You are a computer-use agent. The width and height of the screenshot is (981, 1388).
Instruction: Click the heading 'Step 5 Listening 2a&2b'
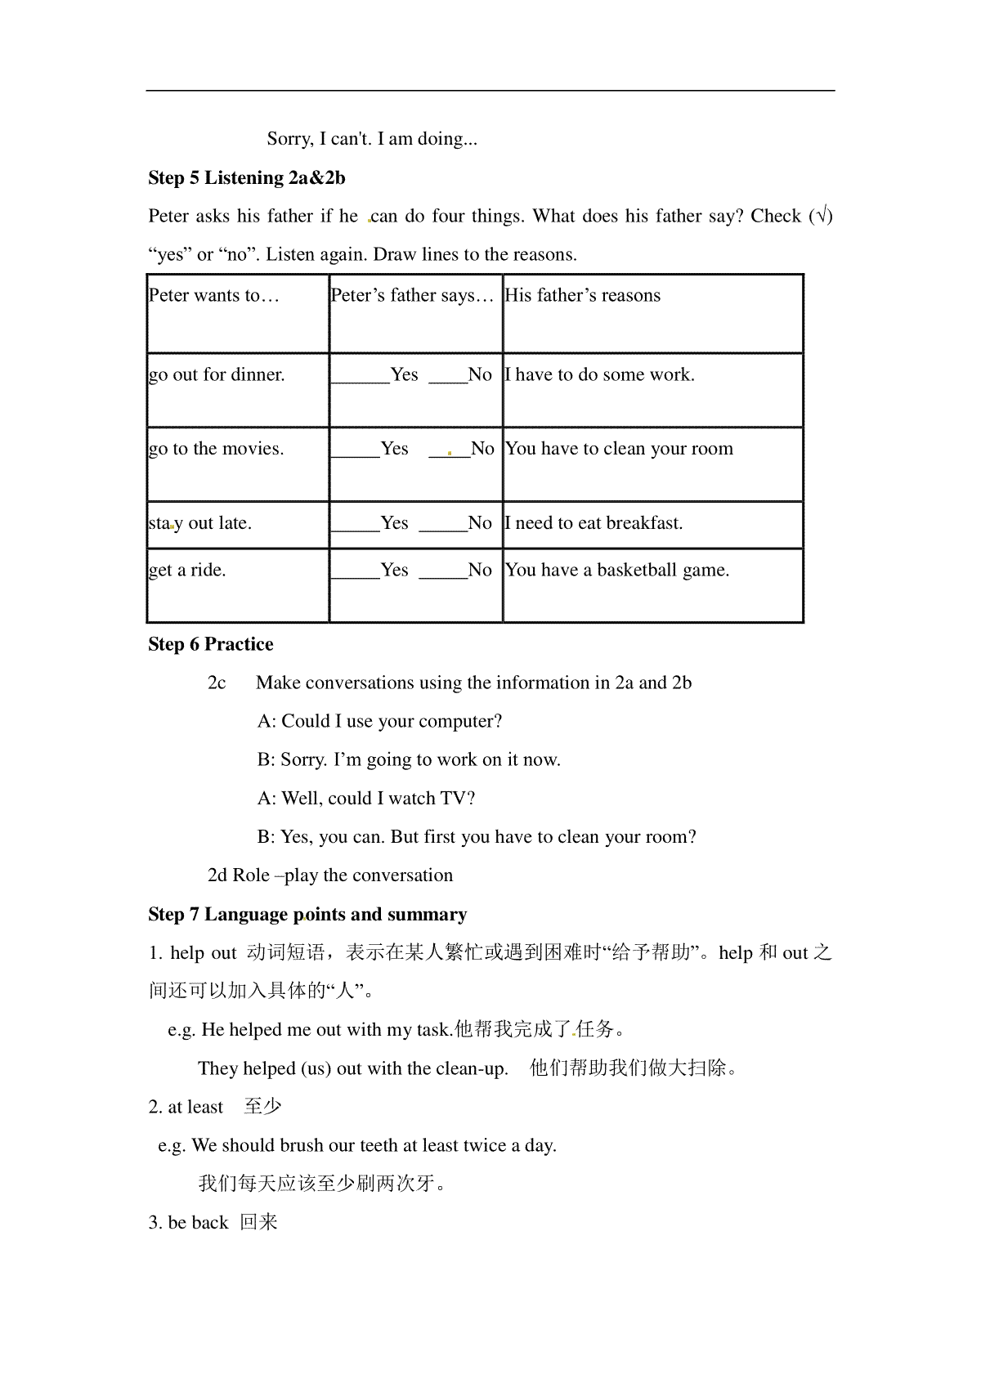(247, 177)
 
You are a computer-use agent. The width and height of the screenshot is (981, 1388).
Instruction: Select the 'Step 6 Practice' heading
(211, 644)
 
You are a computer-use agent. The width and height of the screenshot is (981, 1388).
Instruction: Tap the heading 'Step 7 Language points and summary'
(307, 914)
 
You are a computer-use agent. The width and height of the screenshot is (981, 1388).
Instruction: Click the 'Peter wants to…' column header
(214, 296)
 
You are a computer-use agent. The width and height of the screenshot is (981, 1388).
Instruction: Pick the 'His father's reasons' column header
(583, 296)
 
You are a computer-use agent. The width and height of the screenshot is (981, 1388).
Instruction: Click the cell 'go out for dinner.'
(217, 375)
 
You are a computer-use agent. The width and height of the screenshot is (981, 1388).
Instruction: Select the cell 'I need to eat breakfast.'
(594, 523)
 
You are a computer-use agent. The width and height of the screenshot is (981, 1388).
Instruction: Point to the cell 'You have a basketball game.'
(617, 571)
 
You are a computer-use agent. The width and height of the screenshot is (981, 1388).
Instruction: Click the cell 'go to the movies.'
(217, 449)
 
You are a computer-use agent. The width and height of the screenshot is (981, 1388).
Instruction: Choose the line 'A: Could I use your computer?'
(379, 721)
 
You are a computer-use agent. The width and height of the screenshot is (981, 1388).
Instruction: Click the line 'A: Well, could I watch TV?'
(366, 798)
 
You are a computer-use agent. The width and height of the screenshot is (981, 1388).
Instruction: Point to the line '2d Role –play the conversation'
(330, 875)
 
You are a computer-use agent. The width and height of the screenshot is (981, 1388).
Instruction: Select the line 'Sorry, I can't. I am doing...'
(372, 139)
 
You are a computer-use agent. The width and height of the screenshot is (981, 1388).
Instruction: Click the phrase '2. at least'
(186, 1107)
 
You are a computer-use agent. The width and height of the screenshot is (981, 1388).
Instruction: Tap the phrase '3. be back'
(188, 1223)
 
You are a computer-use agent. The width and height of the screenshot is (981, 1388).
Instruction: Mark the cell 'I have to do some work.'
(600, 375)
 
